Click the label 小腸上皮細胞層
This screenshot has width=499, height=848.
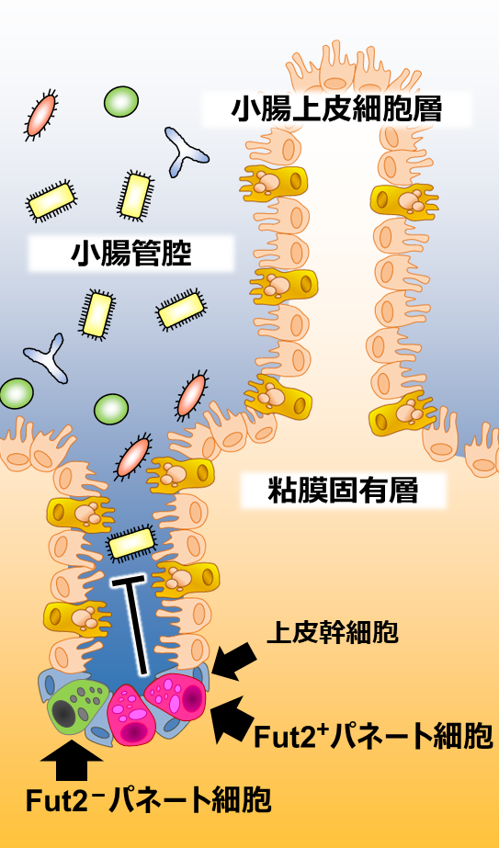pos(336,109)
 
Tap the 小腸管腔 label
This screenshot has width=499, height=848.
pos(131,253)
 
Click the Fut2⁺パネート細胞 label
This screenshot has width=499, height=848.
pos(373,736)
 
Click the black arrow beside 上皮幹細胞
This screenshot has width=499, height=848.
pos(234,660)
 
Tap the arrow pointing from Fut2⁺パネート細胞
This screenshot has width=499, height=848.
pos(233,718)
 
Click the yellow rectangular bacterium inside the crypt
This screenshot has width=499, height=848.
pos(132,542)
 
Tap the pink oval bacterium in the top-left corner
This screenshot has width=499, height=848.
pos(41,115)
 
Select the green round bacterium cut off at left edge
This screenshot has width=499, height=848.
pos(17,393)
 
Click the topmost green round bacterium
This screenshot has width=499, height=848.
pos(121,102)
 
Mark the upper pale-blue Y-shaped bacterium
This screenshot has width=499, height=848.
pos(186,151)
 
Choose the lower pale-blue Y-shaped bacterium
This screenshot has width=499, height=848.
pos(47,357)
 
